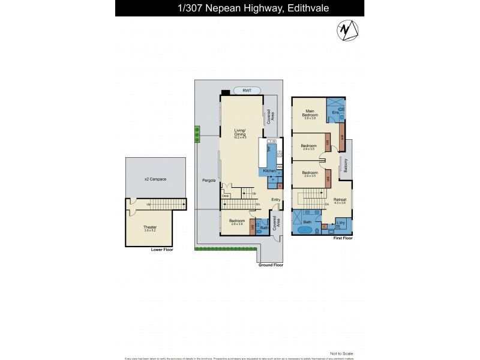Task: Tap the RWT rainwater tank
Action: tap(247, 91)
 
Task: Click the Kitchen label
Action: tap(269, 172)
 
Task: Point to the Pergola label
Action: tap(208, 180)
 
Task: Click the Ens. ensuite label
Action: tap(335, 112)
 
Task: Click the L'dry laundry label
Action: tap(341, 223)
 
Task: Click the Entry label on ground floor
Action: tap(275, 199)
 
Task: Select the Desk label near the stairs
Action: tap(226, 196)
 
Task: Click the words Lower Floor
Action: tap(162, 249)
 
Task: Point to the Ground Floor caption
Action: tap(271, 265)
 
